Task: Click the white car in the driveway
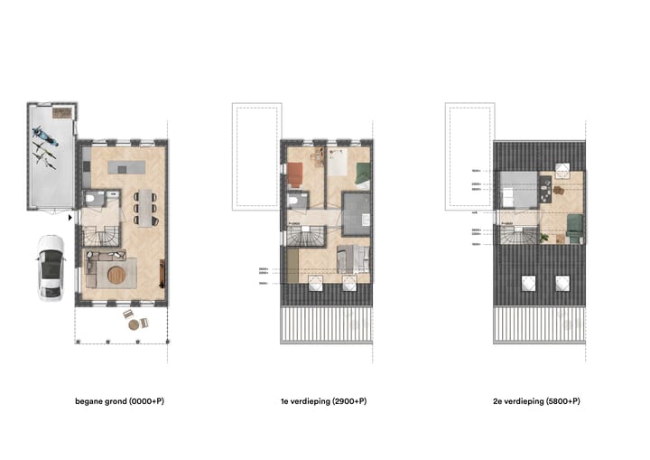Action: point(51,267)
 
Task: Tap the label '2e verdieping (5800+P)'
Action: point(539,400)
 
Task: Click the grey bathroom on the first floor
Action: point(357,214)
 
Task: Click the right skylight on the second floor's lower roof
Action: point(561,283)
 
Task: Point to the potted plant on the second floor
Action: point(545,237)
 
